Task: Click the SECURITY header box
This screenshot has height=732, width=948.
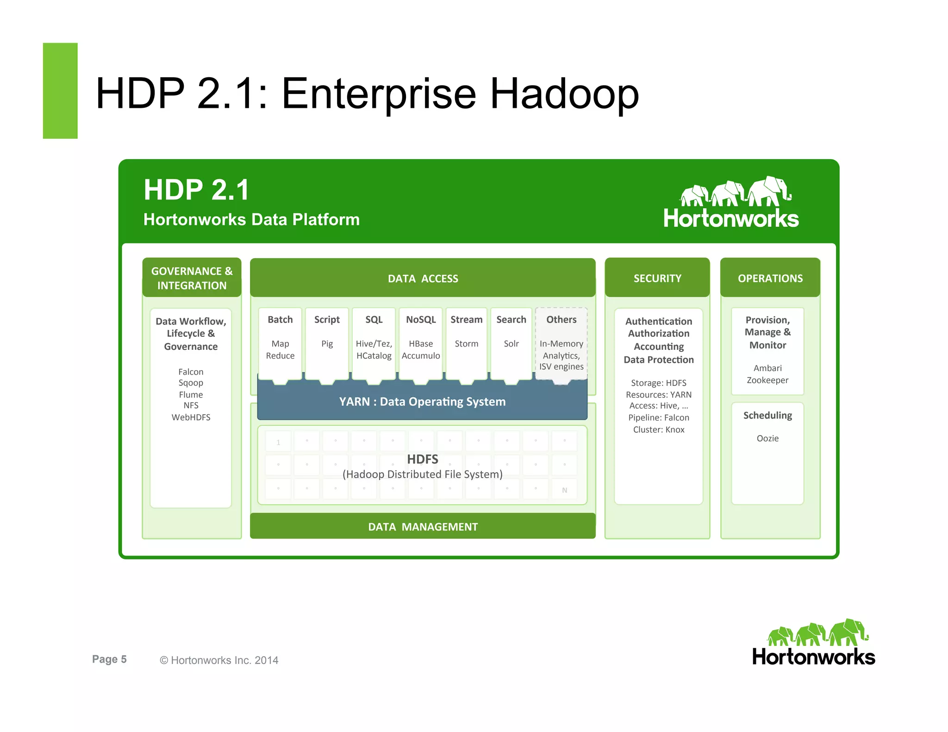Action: (x=657, y=278)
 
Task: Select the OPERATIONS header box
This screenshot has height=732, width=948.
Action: (x=770, y=278)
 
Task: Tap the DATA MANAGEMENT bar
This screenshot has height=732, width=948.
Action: (x=423, y=527)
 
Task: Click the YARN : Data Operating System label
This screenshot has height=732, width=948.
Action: (x=422, y=402)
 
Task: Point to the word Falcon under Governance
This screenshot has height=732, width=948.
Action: (x=191, y=372)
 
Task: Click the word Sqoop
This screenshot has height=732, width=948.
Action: (x=191, y=383)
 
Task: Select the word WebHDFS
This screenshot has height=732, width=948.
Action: (x=191, y=417)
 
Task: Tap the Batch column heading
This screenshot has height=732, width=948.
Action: (x=280, y=320)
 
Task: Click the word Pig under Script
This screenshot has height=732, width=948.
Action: (x=327, y=344)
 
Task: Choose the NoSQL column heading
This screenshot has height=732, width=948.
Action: (x=421, y=320)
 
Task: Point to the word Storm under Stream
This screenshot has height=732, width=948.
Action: (x=466, y=344)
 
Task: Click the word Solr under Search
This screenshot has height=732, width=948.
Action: (x=511, y=344)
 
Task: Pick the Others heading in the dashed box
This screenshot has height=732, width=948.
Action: (x=561, y=320)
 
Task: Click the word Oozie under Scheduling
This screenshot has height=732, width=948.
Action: (x=767, y=438)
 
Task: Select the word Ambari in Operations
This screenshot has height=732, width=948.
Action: (x=767, y=368)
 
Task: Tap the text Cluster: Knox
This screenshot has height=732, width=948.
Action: (x=659, y=429)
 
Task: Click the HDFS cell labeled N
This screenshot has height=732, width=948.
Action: (x=564, y=490)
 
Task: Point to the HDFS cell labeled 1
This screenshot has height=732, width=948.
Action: (x=278, y=442)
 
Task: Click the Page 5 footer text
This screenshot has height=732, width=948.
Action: (x=109, y=659)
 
